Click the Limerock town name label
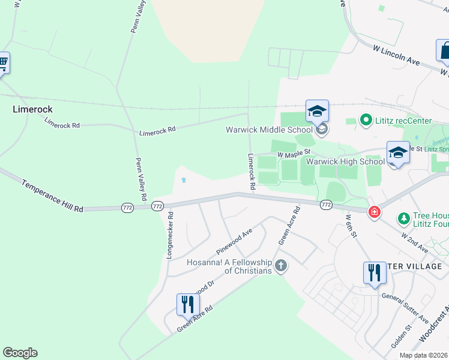(x=33, y=109)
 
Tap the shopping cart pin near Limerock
(x=3, y=62)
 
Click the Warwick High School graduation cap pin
(x=397, y=152)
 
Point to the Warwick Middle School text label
(x=269, y=130)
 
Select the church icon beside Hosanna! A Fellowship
(x=280, y=265)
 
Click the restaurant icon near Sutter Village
(x=374, y=273)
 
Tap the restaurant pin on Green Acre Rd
(x=188, y=304)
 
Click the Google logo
(x=20, y=353)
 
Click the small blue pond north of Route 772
(x=183, y=179)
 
